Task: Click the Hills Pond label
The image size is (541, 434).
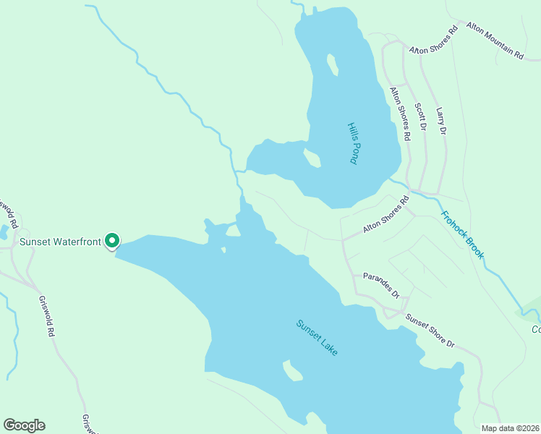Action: click(353, 142)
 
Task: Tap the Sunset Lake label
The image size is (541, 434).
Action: click(317, 337)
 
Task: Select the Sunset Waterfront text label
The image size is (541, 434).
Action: click(59, 242)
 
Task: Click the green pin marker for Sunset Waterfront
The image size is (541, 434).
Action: click(112, 240)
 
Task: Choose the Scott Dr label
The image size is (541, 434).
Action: click(420, 116)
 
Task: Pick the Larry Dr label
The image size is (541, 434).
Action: click(441, 121)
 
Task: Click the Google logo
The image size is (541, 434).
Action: click(24, 425)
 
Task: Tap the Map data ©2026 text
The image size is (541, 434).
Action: click(510, 427)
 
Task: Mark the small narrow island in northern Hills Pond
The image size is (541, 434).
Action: click(332, 65)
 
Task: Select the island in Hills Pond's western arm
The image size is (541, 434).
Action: click(312, 158)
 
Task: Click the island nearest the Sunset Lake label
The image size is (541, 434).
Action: click(293, 370)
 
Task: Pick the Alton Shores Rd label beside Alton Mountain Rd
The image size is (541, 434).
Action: click(434, 40)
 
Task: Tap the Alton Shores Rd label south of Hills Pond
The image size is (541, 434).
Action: click(385, 217)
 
